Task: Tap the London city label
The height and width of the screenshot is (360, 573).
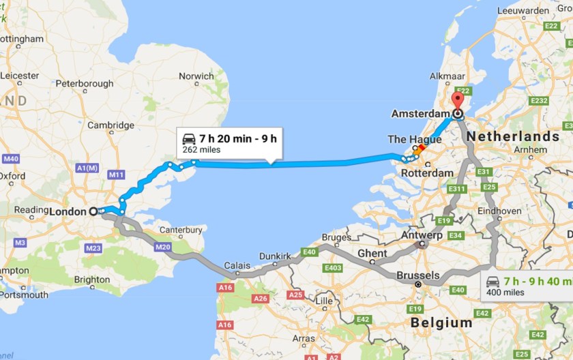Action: [x=69, y=211]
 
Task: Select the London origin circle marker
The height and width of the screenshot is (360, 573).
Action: [x=93, y=211]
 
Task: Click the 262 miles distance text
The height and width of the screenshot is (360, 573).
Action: [x=201, y=150]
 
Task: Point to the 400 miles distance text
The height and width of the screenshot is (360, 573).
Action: [x=504, y=293]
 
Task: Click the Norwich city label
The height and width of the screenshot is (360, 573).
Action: [x=196, y=76]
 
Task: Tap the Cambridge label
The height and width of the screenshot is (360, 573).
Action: [x=111, y=125]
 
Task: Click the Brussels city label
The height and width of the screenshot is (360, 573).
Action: [x=417, y=275]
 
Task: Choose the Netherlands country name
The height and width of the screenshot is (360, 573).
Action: [x=513, y=136]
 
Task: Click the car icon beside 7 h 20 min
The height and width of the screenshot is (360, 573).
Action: [x=189, y=138]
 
